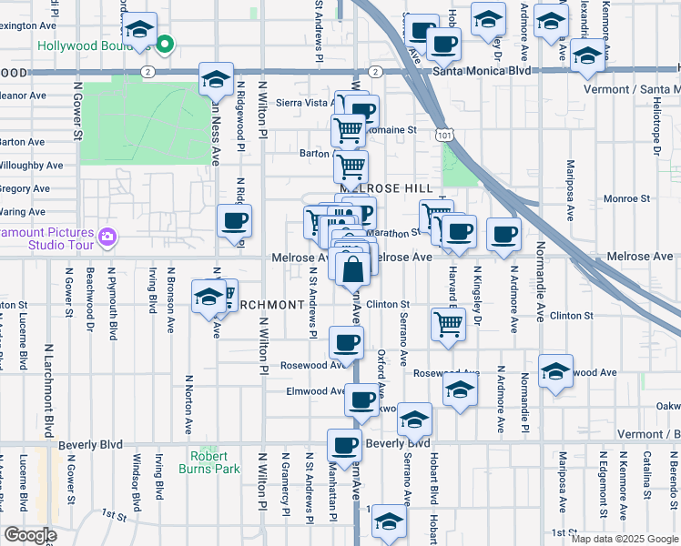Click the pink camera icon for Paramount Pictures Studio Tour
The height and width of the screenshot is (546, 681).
point(108,237)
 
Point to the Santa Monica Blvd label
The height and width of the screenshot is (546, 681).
point(482,70)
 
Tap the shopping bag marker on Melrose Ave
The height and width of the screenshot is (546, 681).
point(352,268)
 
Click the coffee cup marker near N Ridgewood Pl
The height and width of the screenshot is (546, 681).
point(235,221)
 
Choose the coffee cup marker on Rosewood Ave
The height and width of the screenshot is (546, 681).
point(345,343)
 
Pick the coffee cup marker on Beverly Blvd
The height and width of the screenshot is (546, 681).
point(344,445)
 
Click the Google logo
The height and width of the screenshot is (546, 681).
point(30,535)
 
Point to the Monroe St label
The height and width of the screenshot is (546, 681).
point(626,197)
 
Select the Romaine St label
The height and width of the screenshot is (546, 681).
point(398,129)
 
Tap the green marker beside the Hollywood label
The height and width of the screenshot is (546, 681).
point(165,43)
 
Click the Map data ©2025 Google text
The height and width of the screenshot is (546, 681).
point(625,538)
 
